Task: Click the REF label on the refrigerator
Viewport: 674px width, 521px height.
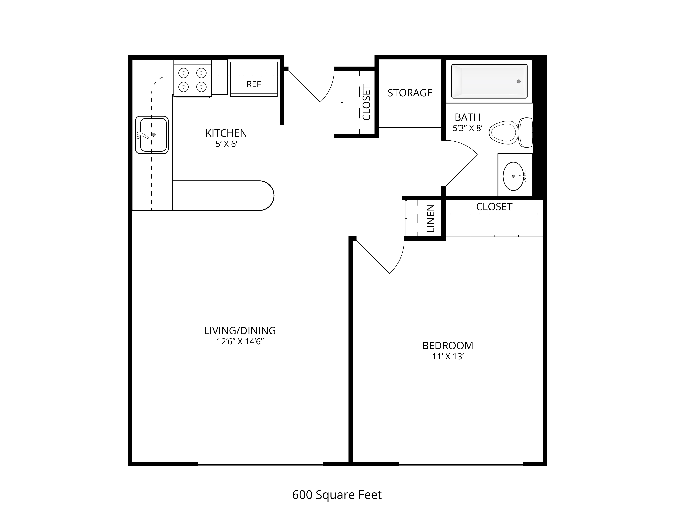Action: coord(254,84)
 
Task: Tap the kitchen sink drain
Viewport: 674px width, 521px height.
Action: coord(153,135)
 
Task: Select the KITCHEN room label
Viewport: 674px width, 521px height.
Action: coord(226,133)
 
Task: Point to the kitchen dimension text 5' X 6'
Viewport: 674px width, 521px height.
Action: coord(226,144)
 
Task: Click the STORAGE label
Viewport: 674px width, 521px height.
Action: coord(410,93)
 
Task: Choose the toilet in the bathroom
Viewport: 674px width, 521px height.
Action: coord(511,132)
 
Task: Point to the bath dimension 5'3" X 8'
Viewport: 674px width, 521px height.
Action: coord(468,128)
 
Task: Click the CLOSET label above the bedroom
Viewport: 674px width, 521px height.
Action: coord(494,207)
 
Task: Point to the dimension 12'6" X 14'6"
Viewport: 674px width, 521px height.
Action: coord(240,342)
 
